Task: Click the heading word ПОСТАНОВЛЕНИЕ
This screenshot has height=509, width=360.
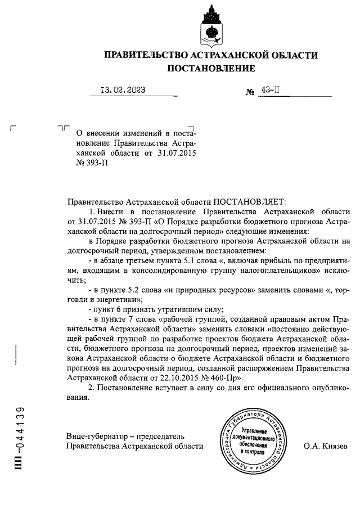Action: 211,68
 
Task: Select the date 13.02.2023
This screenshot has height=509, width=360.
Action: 122,89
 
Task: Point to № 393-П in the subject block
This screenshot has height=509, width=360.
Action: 91,163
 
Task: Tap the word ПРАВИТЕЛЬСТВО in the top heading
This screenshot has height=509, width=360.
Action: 145,55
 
